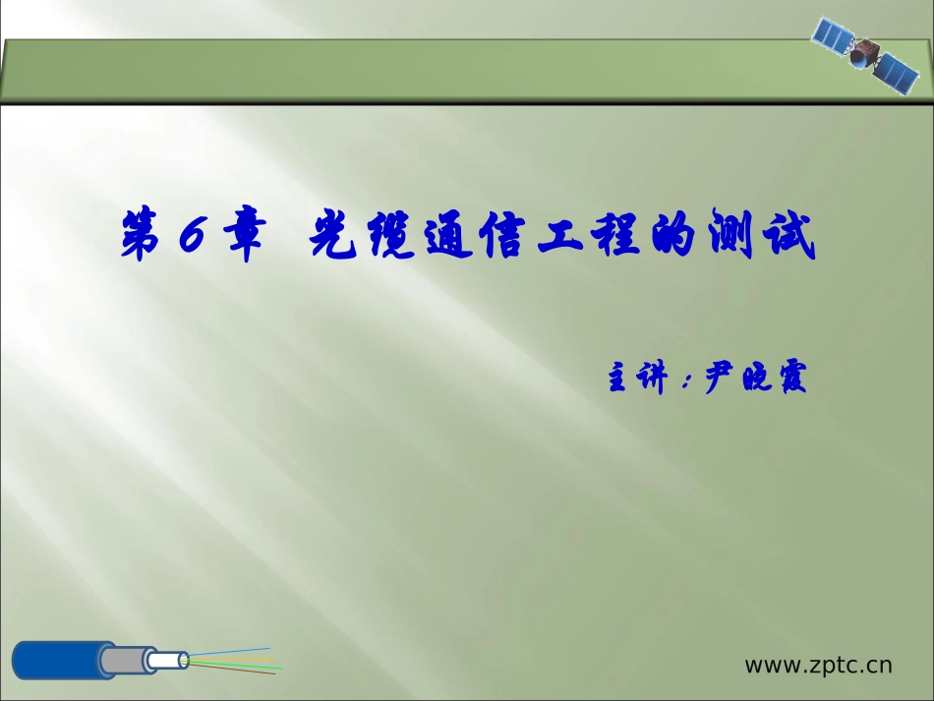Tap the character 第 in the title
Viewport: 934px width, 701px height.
click(x=142, y=234)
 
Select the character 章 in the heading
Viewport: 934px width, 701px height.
click(x=245, y=235)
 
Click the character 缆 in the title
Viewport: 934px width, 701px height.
click(x=391, y=234)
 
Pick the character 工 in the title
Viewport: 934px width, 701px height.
click(x=561, y=236)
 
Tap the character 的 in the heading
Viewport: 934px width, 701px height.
click(x=673, y=234)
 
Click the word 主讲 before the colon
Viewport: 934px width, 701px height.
click(x=637, y=377)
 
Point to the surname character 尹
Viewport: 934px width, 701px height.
click(x=721, y=377)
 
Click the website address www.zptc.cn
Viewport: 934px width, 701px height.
click(x=818, y=665)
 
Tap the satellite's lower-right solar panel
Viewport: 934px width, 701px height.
click(x=897, y=74)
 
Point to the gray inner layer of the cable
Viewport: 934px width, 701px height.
click(x=123, y=661)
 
